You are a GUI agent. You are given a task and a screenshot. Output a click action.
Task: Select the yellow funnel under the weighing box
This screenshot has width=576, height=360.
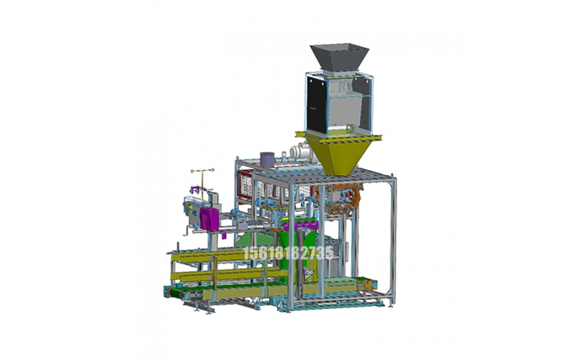(338, 154)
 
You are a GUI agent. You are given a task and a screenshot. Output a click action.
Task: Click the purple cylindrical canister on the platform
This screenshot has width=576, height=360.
(267, 159)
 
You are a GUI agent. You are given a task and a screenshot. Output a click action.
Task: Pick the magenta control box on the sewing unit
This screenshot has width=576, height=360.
(209, 219)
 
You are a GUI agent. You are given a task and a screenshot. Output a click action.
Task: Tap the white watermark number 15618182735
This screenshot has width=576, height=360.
(289, 253)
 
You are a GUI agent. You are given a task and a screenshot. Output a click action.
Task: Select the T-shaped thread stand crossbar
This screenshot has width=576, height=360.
(202, 171)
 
